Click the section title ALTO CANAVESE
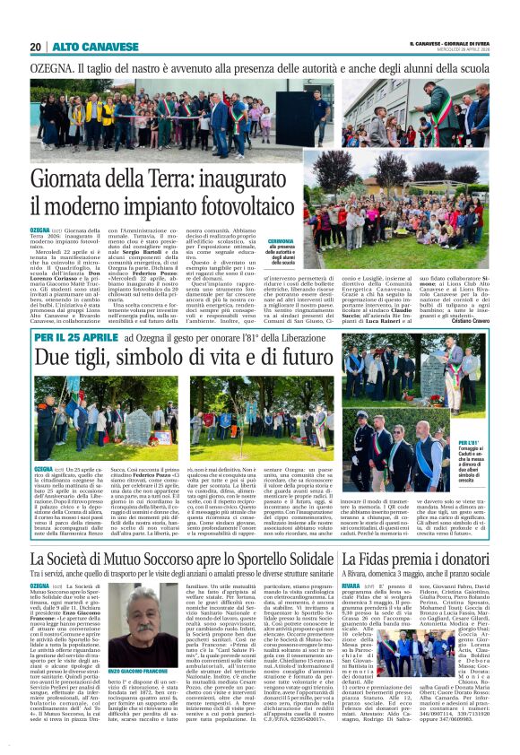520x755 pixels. pyautogui.click(x=83, y=47)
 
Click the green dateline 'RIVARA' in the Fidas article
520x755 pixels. pyautogui.click(x=351, y=584)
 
